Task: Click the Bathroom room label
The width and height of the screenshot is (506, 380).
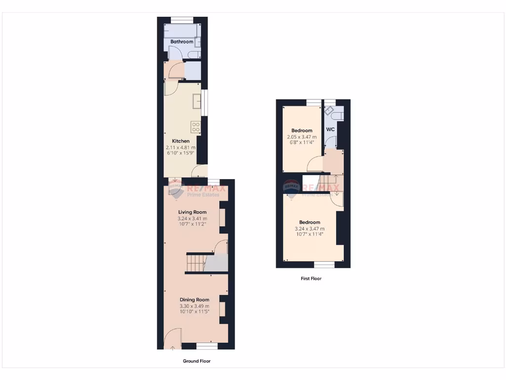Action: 182,42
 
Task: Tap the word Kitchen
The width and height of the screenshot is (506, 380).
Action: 180,141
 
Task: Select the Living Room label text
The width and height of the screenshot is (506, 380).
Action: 192,212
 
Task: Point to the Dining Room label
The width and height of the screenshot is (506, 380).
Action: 194,299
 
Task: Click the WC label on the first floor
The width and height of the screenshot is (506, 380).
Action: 331,129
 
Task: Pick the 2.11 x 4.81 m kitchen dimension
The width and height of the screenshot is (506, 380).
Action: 180,147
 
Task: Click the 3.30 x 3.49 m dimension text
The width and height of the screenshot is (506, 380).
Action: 194,306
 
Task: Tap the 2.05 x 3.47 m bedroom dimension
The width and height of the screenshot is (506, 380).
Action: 301,137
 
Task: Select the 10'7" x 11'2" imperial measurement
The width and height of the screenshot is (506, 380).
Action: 192,224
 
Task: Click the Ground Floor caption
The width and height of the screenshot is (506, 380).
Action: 197,361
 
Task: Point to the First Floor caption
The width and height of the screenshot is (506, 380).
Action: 311,279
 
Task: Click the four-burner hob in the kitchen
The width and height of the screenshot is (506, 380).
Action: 196,127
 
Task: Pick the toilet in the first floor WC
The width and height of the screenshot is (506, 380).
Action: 337,115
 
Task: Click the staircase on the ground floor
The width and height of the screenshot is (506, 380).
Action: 196,262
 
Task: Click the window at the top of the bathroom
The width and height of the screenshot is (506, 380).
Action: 182,20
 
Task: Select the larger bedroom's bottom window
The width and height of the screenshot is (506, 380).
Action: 324,265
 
